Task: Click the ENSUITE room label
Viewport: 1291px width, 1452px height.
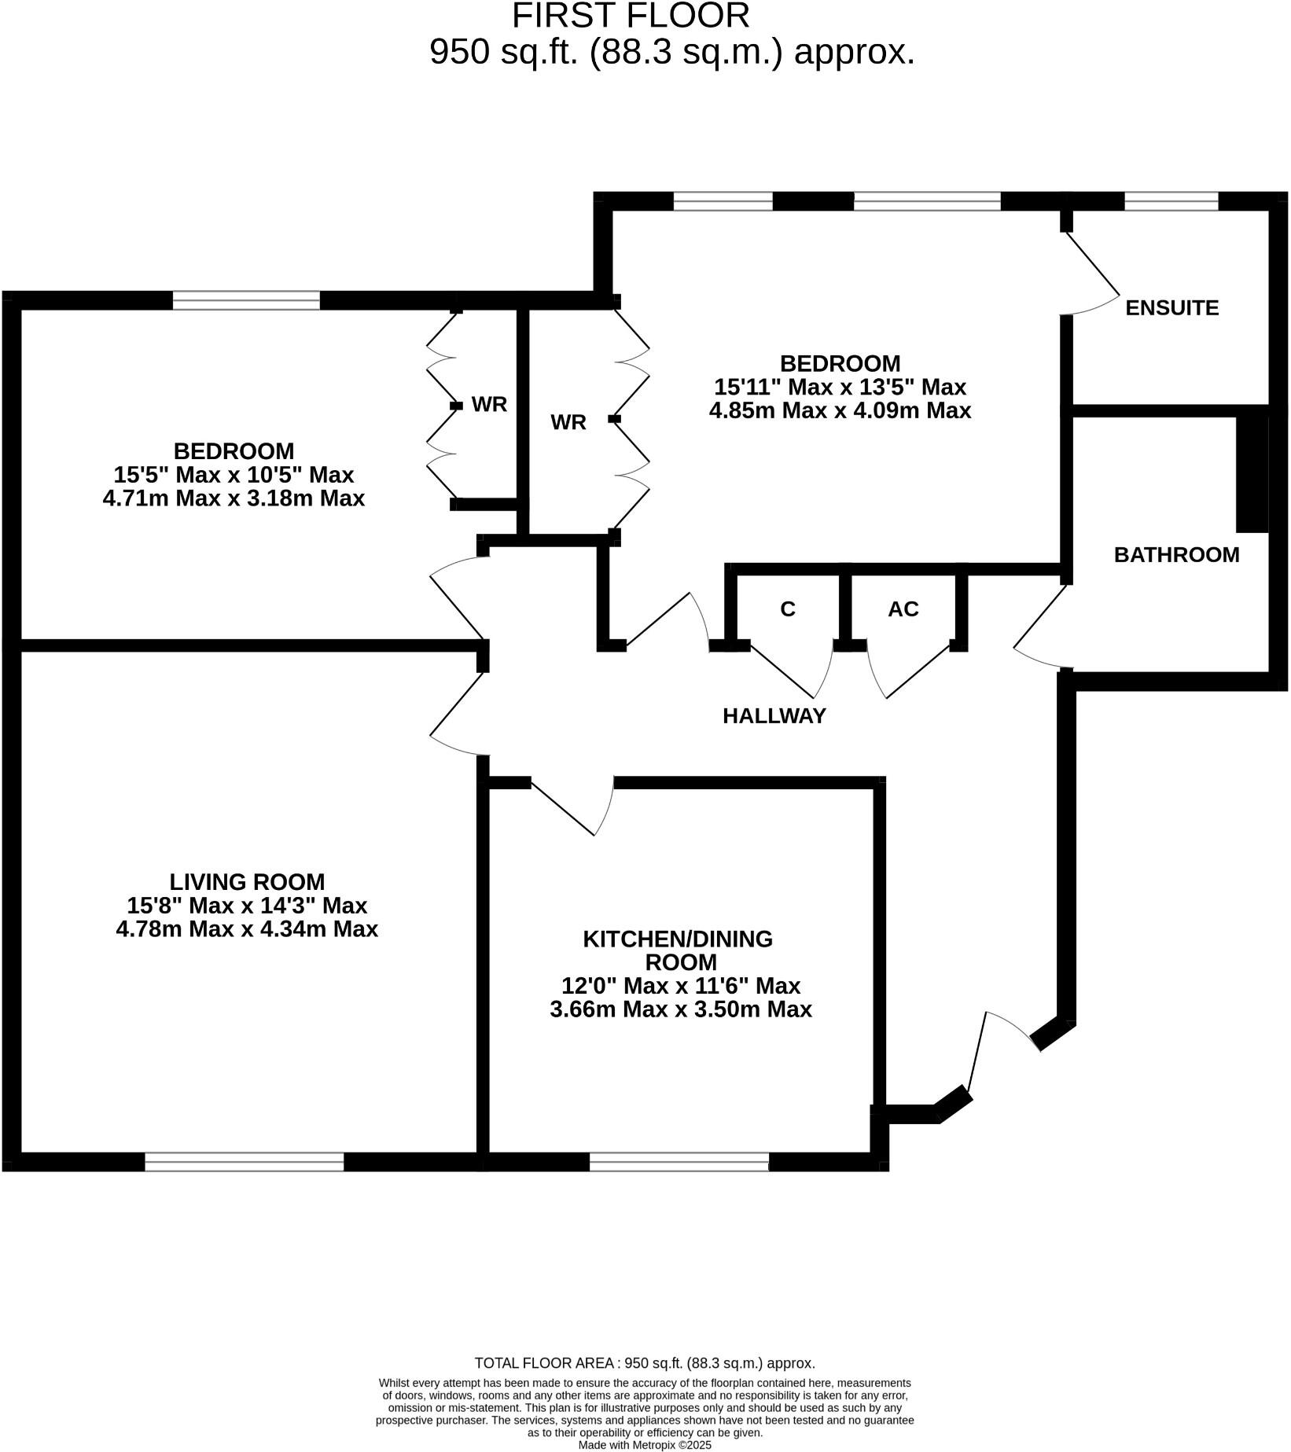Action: coord(1171,307)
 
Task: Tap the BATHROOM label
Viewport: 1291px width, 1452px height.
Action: coord(1176,555)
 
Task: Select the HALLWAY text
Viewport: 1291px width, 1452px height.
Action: coord(774,715)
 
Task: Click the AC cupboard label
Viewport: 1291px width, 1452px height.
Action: coord(903,609)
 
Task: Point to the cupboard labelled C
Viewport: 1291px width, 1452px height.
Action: coord(787,609)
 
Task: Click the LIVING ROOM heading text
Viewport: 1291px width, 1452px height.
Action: coord(247,881)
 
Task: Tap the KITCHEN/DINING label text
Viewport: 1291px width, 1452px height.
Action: coord(678,939)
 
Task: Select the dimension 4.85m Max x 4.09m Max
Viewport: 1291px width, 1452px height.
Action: coord(840,410)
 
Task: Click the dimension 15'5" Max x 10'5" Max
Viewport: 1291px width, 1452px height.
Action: coord(234,475)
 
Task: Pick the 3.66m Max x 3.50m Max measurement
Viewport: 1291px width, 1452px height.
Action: coord(680,1009)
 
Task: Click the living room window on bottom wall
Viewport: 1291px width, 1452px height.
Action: coord(245,1161)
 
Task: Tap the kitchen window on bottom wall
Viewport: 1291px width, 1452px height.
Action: coord(679,1161)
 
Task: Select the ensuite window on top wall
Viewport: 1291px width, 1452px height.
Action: coord(1171,201)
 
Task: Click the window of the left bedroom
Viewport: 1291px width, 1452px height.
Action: coord(246,300)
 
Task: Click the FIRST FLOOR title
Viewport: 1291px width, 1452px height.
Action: coord(631,16)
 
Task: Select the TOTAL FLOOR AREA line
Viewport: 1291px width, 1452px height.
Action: coord(645,1363)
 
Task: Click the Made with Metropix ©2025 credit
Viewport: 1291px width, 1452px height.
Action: coord(645,1445)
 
